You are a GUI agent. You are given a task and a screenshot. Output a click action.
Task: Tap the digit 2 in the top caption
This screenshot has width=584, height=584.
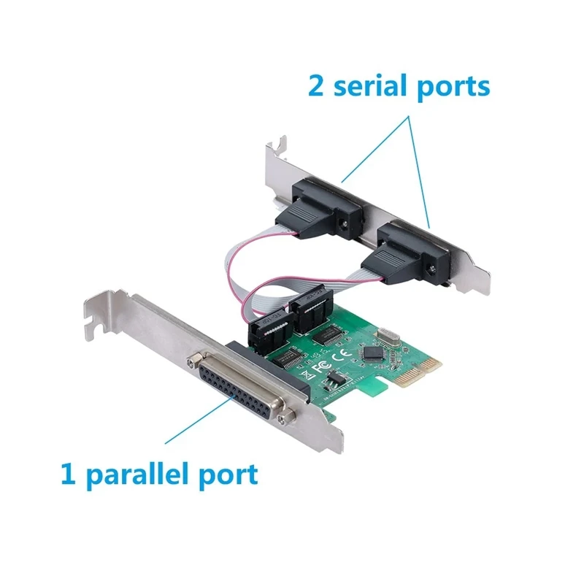coord(318,87)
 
